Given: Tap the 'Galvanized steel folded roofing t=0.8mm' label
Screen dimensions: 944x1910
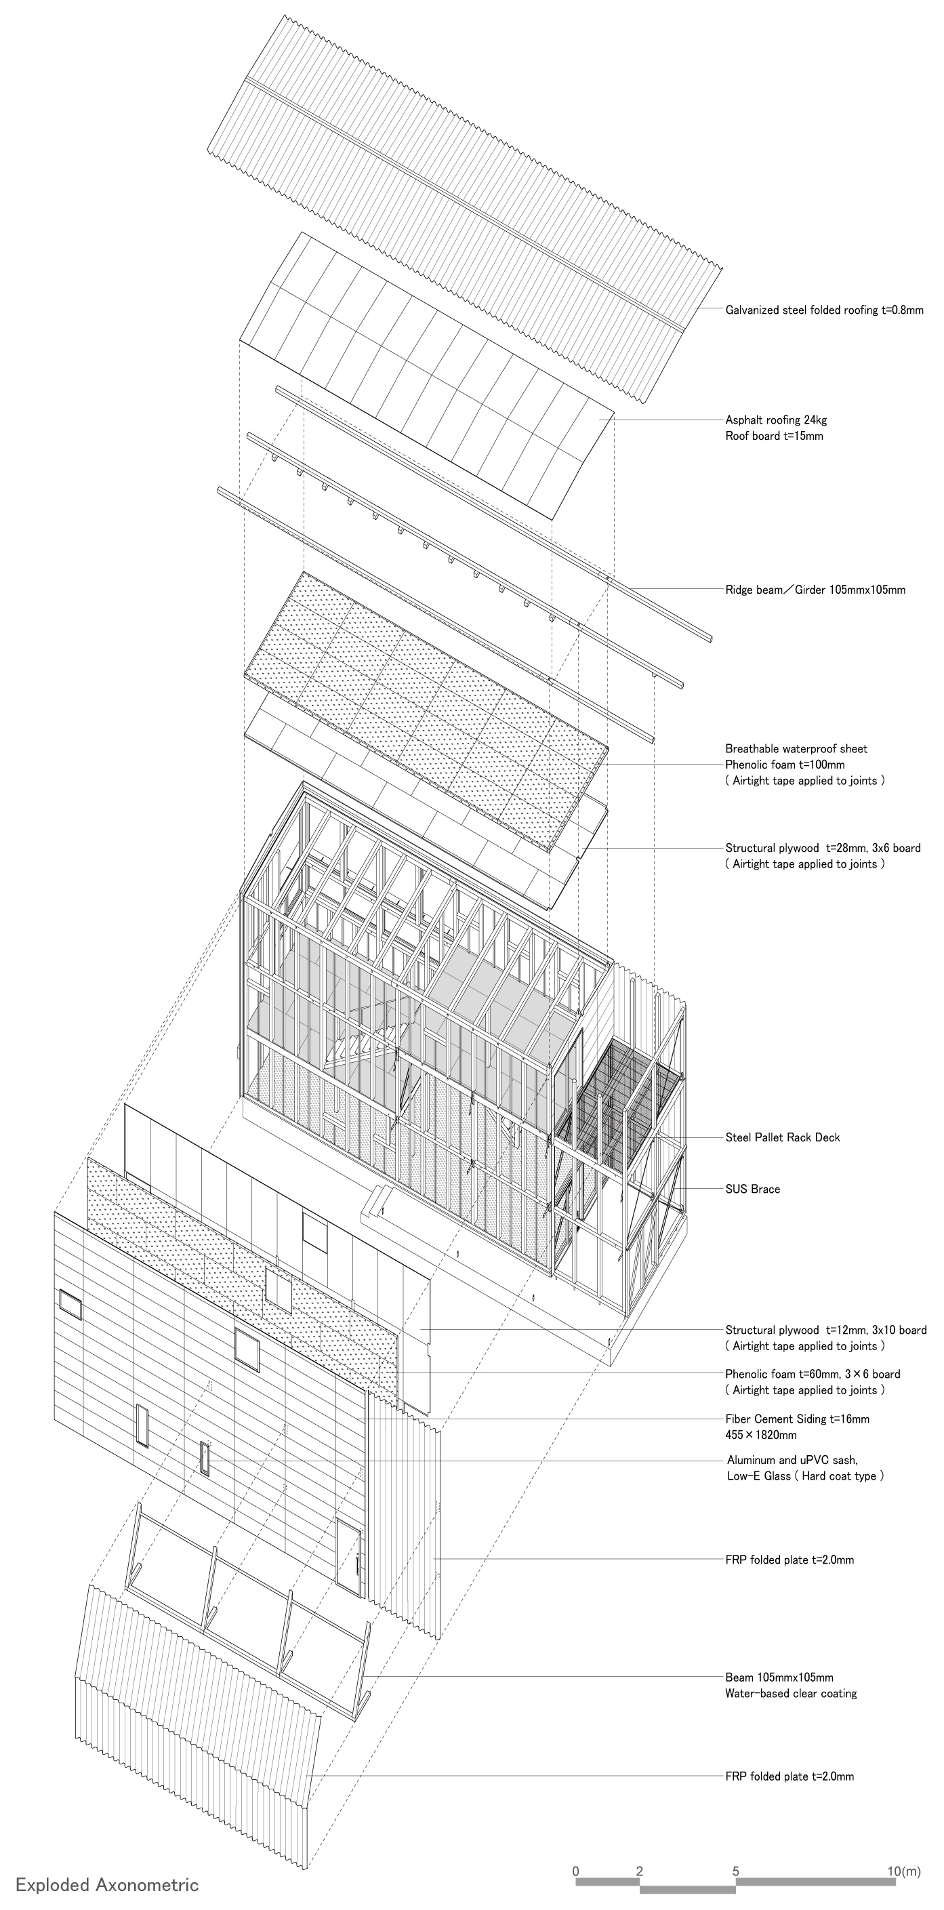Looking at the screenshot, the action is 824,310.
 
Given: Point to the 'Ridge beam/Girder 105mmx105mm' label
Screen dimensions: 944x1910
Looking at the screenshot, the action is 815,590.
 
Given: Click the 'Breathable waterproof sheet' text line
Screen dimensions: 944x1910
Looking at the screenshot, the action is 796,749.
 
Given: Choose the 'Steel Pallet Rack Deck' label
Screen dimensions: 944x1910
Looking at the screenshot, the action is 782,1137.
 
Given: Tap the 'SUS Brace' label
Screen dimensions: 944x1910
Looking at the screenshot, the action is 753,1190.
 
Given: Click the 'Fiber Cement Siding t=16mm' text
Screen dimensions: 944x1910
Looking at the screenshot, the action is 797,1419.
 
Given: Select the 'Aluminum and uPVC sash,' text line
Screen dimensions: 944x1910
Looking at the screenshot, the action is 792,1461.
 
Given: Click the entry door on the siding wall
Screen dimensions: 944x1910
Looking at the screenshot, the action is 348,1557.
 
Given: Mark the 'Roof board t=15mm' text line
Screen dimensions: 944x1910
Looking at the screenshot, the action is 773,436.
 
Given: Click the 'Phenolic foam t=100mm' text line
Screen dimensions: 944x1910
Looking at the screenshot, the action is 785,765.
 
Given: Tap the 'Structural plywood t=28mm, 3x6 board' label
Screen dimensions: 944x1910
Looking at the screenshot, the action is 823,848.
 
